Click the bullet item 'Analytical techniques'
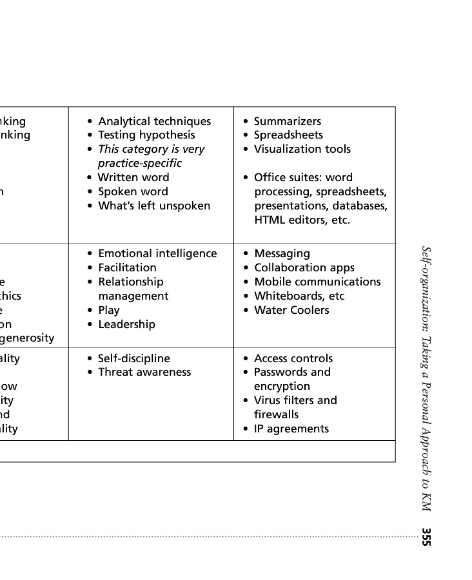[154, 121]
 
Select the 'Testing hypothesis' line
[146, 135]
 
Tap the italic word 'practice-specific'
[139, 163]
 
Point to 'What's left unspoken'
[153, 206]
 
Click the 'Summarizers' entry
[287, 121]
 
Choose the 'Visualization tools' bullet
[302, 149]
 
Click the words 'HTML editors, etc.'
[302, 220]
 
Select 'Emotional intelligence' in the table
[157, 253]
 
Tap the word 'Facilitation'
[127, 267]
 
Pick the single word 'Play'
[108, 310]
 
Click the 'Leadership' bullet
[126, 324]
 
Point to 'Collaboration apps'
[304, 267]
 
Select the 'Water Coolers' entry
[291, 310]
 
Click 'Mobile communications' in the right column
[317, 282]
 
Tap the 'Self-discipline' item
[133, 358]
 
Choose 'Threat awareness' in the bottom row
[144, 372]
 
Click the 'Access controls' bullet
[293, 358]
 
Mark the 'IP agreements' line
[291, 429]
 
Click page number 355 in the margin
[426, 537]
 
